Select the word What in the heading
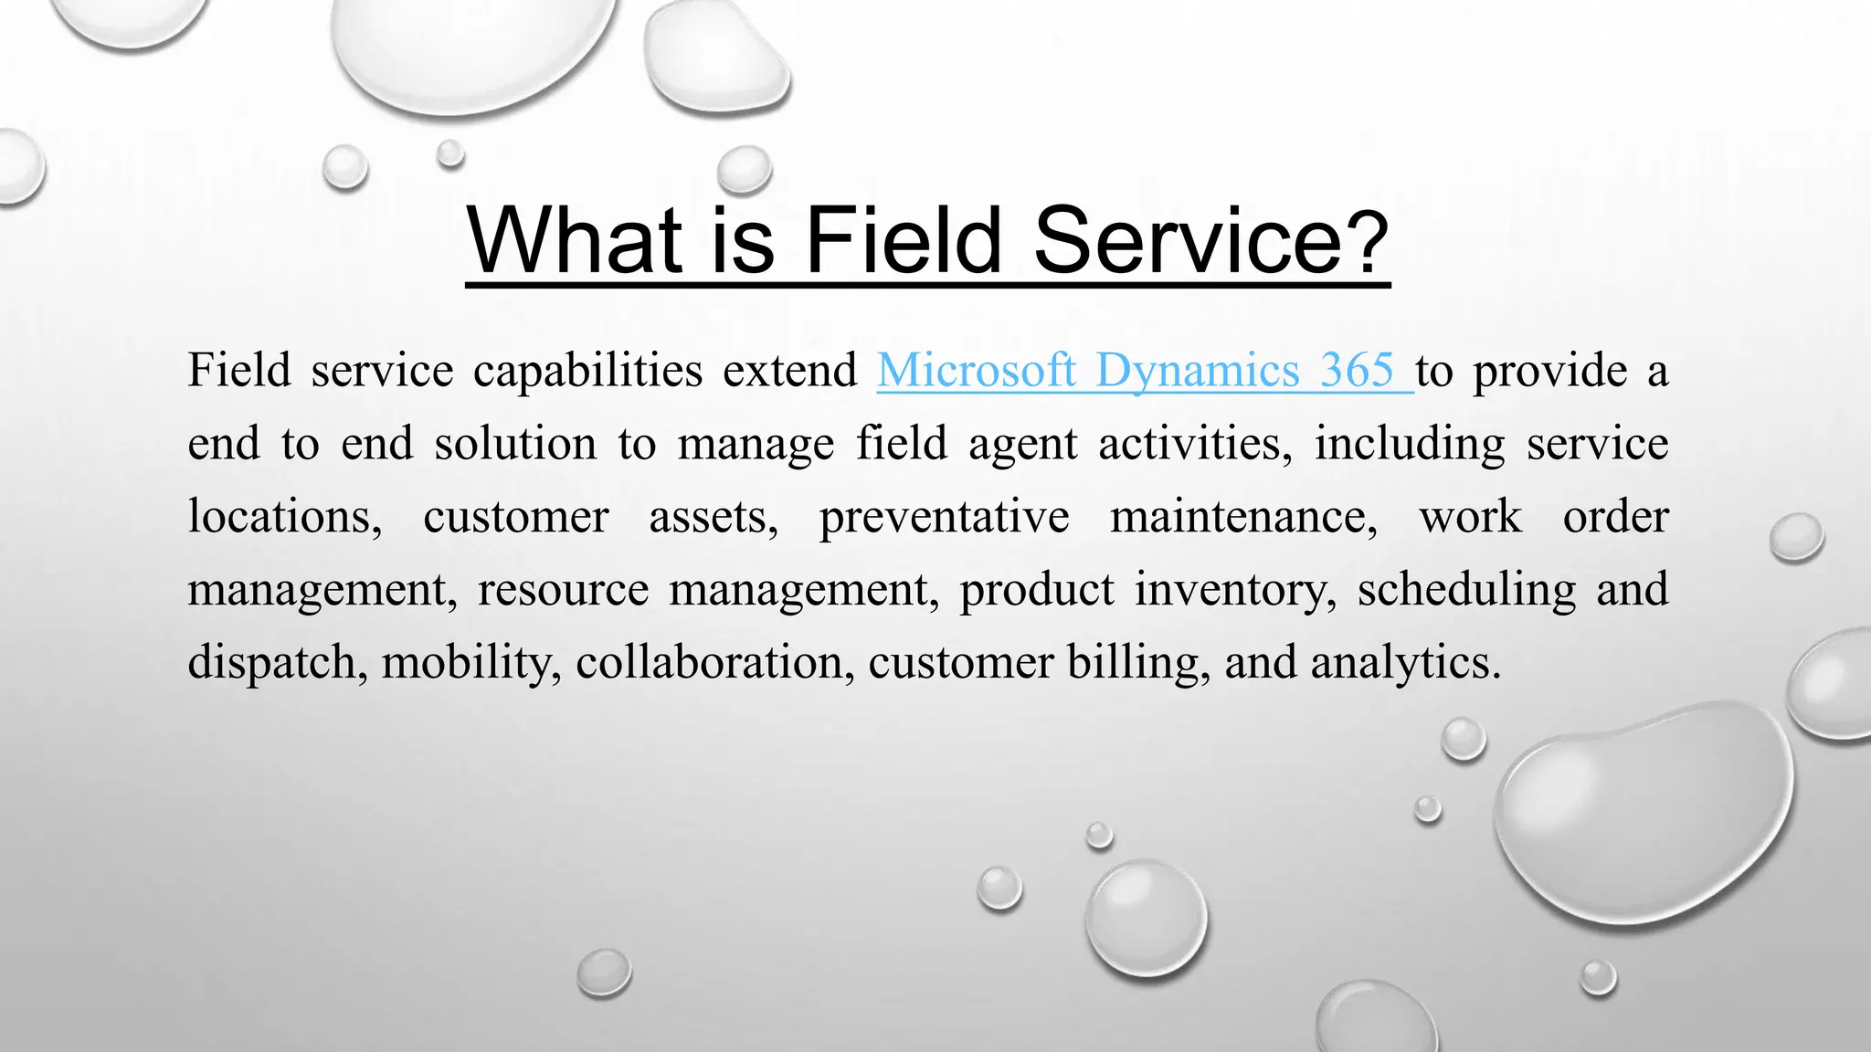(x=574, y=239)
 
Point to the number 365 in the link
(x=1357, y=371)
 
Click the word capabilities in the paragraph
(x=587, y=371)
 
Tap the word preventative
(x=944, y=518)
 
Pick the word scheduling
(x=1466, y=590)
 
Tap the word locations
(x=284, y=517)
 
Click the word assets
(x=713, y=518)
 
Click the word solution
(x=515, y=444)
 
